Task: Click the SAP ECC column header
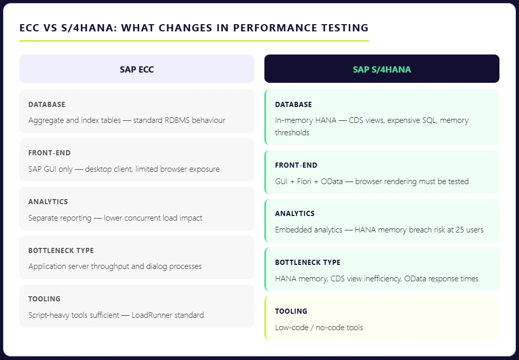tap(137, 69)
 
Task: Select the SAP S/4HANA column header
tap(382, 69)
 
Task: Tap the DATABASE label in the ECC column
tap(47, 104)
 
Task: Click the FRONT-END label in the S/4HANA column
tap(296, 165)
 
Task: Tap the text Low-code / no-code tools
tap(319, 327)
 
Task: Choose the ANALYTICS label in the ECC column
tap(48, 202)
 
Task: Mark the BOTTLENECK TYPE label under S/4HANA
tap(308, 262)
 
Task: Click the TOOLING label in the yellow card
tap(291, 311)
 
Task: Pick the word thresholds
tap(292, 132)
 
